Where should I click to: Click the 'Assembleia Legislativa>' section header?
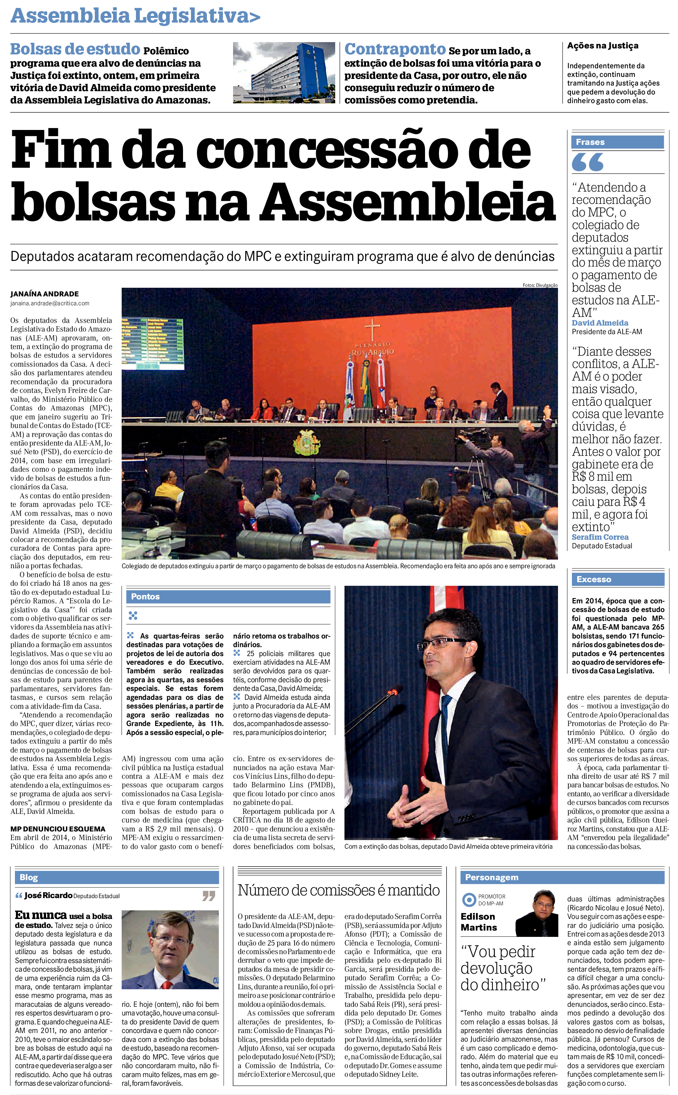(135, 16)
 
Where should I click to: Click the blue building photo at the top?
(284, 73)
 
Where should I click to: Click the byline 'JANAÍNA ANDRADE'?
(44, 294)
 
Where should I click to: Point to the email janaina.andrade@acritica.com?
(50, 304)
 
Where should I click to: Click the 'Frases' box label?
(590, 142)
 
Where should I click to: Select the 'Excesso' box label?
(594, 579)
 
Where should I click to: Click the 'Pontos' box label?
(145, 596)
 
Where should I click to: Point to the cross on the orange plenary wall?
(372, 330)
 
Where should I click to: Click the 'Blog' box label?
(29, 878)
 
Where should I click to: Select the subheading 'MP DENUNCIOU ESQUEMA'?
(58, 829)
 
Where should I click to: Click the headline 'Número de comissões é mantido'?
(339, 890)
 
